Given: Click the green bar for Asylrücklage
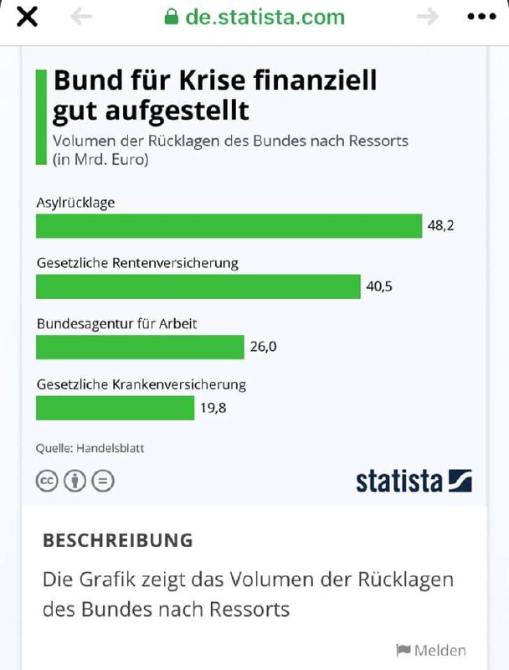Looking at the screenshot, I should tap(229, 226).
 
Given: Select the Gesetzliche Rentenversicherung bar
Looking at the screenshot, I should tap(198, 286).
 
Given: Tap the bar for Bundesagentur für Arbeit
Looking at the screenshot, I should tap(140, 347).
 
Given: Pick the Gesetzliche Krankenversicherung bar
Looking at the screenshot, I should tap(115, 408).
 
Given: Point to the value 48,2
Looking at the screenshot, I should tap(440, 226).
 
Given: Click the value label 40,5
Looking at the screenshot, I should tap(379, 286).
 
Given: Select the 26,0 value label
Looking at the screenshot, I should tap(263, 347).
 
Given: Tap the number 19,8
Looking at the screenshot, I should tap(213, 408).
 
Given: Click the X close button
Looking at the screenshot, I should tap(28, 18).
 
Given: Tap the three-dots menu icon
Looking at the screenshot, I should tap(481, 18).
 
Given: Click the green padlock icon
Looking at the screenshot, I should tap(171, 18).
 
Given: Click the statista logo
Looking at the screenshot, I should tap(414, 481).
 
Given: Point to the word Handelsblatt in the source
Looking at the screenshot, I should tap(110, 448).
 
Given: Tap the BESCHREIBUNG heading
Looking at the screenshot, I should tap(117, 540).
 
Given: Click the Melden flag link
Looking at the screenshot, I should tap(430, 650).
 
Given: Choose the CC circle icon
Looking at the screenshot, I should tap(46, 481).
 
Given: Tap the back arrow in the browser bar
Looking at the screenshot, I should tap(81, 18).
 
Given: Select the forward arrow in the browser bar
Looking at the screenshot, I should tap(427, 18).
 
